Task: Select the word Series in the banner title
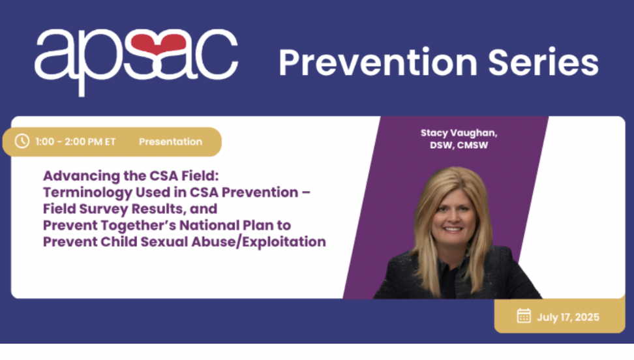(x=543, y=63)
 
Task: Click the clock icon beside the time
(x=22, y=141)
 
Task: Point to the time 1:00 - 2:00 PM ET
(x=75, y=142)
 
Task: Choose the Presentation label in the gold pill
(x=171, y=142)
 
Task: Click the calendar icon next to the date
(x=524, y=316)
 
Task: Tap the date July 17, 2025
(x=568, y=317)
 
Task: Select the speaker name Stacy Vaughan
(x=459, y=133)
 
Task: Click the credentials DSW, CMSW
(x=459, y=145)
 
